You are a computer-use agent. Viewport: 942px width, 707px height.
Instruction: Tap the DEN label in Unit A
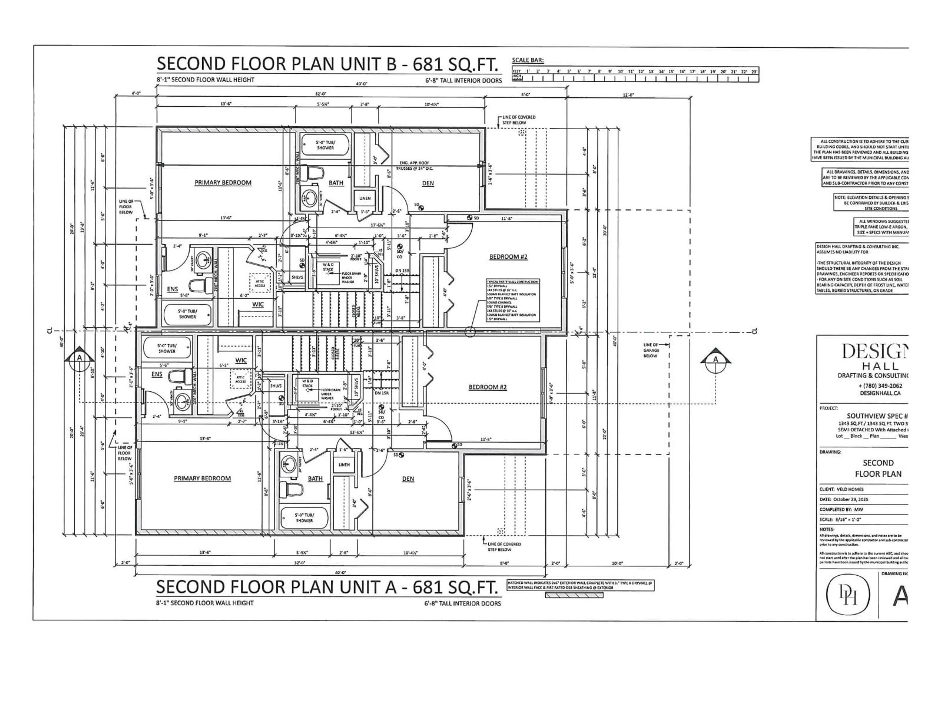click(408, 479)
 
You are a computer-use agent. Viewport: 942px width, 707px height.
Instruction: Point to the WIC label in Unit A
click(241, 361)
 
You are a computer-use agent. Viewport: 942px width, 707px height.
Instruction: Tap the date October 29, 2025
click(850, 499)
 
